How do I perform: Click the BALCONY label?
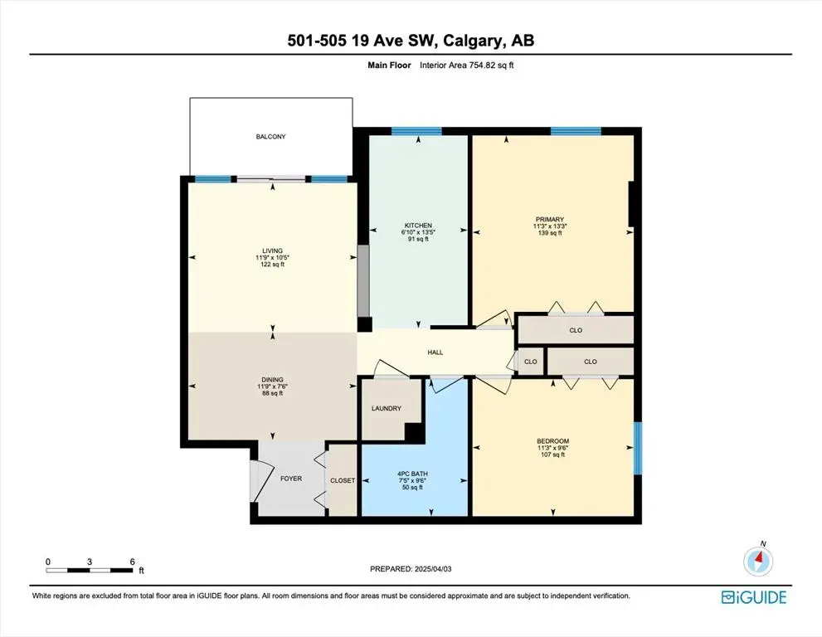point(270,137)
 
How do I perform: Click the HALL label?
point(435,353)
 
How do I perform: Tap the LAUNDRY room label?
point(387,408)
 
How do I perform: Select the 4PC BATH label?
point(411,473)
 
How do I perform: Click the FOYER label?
point(290,479)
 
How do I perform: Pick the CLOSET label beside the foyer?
point(343,480)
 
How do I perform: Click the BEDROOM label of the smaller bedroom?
point(552,441)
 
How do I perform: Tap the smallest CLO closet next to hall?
point(530,362)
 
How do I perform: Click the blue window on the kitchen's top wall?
point(416,131)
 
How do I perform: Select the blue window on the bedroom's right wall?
point(638,448)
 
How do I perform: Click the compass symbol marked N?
point(758,562)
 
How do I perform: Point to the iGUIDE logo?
point(753,597)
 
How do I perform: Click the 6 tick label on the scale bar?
point(133,562)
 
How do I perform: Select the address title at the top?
point(411,41)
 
